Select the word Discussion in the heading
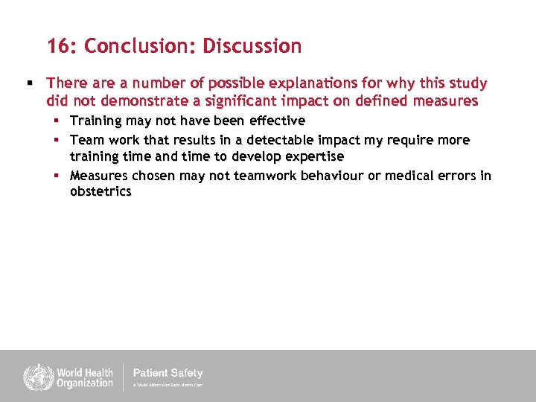pos(252,46)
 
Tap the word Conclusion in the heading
pos(140,46)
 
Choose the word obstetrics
pos(100,192)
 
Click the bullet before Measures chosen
pos(57,176)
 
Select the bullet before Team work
pos(57,140)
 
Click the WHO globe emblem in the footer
pos(34,376)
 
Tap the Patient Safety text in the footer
pos(167,373)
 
